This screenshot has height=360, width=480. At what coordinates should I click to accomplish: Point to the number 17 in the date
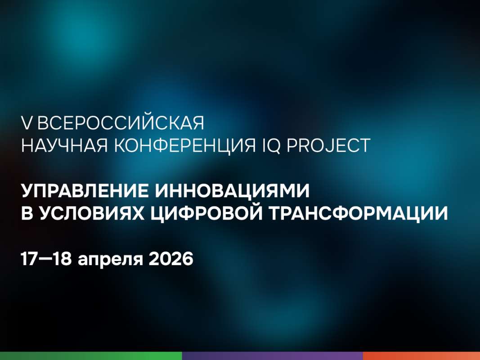[x=29, y=260]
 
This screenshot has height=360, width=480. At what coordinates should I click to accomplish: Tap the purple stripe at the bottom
[x=272, y=356]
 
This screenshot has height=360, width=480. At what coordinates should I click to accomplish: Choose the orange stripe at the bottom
[x=421, y=356]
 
